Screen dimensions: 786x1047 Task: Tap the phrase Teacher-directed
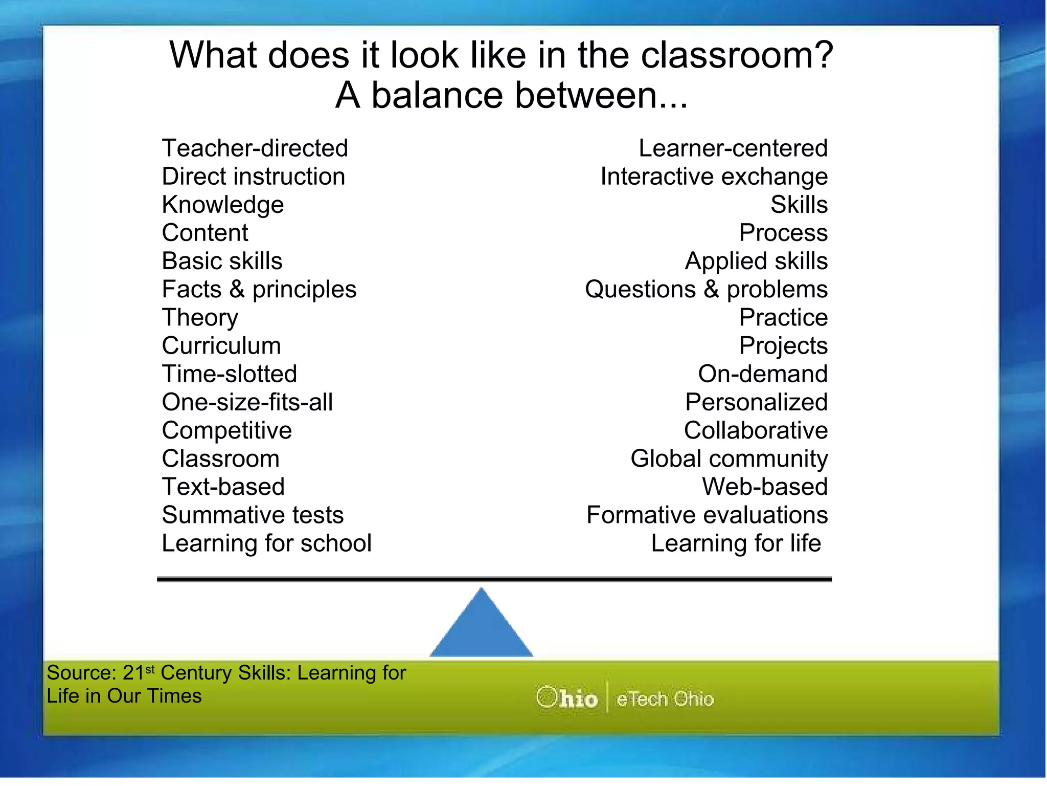point(255,148)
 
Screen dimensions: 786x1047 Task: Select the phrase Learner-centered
point(733,148)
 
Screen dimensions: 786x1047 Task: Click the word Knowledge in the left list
point(222,205)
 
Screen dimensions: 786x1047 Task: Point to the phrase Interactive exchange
point(714,177)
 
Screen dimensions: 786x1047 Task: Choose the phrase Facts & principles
point(259,290)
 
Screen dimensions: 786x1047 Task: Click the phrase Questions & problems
point(706,290)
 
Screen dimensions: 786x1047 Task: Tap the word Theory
point(200,318)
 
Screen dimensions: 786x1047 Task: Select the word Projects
point(783,346)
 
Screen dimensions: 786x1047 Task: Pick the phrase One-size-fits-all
point(247,402)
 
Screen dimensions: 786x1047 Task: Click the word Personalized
point(756,402)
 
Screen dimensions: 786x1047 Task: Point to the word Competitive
point(226,431)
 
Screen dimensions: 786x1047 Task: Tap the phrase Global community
point(729,459)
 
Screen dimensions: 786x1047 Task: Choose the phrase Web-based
point(764,487)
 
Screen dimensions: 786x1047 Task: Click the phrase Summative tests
point(253,515)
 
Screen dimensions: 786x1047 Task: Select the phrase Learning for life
point(736,543)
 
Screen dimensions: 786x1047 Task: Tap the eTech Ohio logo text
point(665,699)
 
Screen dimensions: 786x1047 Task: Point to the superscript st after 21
point(150,668)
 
